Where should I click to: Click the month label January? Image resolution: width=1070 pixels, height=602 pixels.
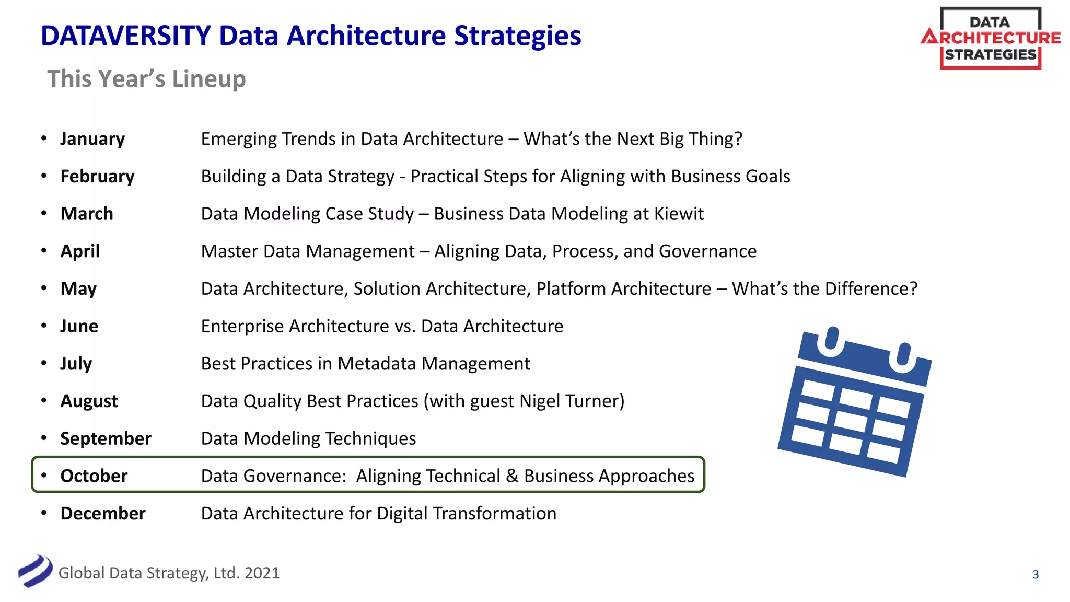(x=92, y=139)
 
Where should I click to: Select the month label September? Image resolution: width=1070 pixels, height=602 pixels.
(x=106, y=438)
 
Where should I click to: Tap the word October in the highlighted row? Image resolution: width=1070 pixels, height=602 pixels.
(x=94, y=476)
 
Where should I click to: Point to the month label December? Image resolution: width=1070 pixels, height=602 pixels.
(x=103, y=514)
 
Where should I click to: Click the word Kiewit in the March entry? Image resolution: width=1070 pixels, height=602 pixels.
(x=679, y=214)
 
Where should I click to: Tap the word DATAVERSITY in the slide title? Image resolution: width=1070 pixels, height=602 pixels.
(x=126, y=36)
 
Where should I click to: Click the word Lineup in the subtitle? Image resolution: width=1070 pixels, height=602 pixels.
(x=209, y=79)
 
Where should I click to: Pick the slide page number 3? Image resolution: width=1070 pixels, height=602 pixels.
(x=1036, y=575)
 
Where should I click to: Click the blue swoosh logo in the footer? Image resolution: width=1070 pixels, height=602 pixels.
(x=36, y=571)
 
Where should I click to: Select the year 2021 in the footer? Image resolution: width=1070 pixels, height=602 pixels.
(x=262, y=573)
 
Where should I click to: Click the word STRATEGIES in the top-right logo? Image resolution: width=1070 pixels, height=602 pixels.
(x=991, y=55)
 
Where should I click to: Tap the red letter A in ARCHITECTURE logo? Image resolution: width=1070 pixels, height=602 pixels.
(x=929, y=38)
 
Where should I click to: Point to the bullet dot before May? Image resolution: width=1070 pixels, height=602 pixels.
(x=44, y=288)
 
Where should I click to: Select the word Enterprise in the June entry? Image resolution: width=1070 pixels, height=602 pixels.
(x=242, y=326)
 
